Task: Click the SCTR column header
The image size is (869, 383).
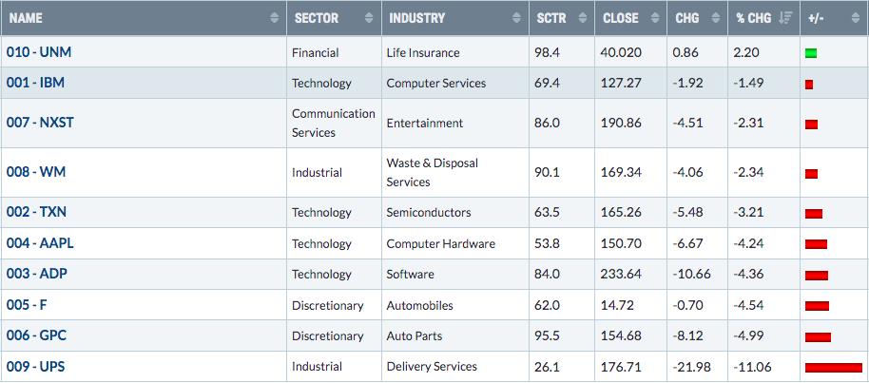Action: (550, 18)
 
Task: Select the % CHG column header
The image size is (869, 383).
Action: (753, 18)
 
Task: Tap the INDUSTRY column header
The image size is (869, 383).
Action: (416, 18)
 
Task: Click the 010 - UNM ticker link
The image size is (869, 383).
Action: (39, 52)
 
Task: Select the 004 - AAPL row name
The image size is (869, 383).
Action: (40, 243)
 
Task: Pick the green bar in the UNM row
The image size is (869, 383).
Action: (811, 53)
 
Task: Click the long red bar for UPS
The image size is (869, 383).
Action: (834, 368)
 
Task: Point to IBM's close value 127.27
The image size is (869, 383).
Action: (620, 83)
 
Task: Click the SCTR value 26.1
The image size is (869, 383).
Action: (548, 367)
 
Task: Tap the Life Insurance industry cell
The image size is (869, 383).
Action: (423, 52)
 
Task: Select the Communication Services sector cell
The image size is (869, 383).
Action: (334, 123)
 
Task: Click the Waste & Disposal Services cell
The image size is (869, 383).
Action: (433, 172)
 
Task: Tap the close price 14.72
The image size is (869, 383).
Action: (617, 305)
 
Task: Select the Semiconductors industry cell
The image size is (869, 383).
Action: (429, 212)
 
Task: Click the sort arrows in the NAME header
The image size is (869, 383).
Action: (275, 18)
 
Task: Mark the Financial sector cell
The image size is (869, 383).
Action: (315, 52)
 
